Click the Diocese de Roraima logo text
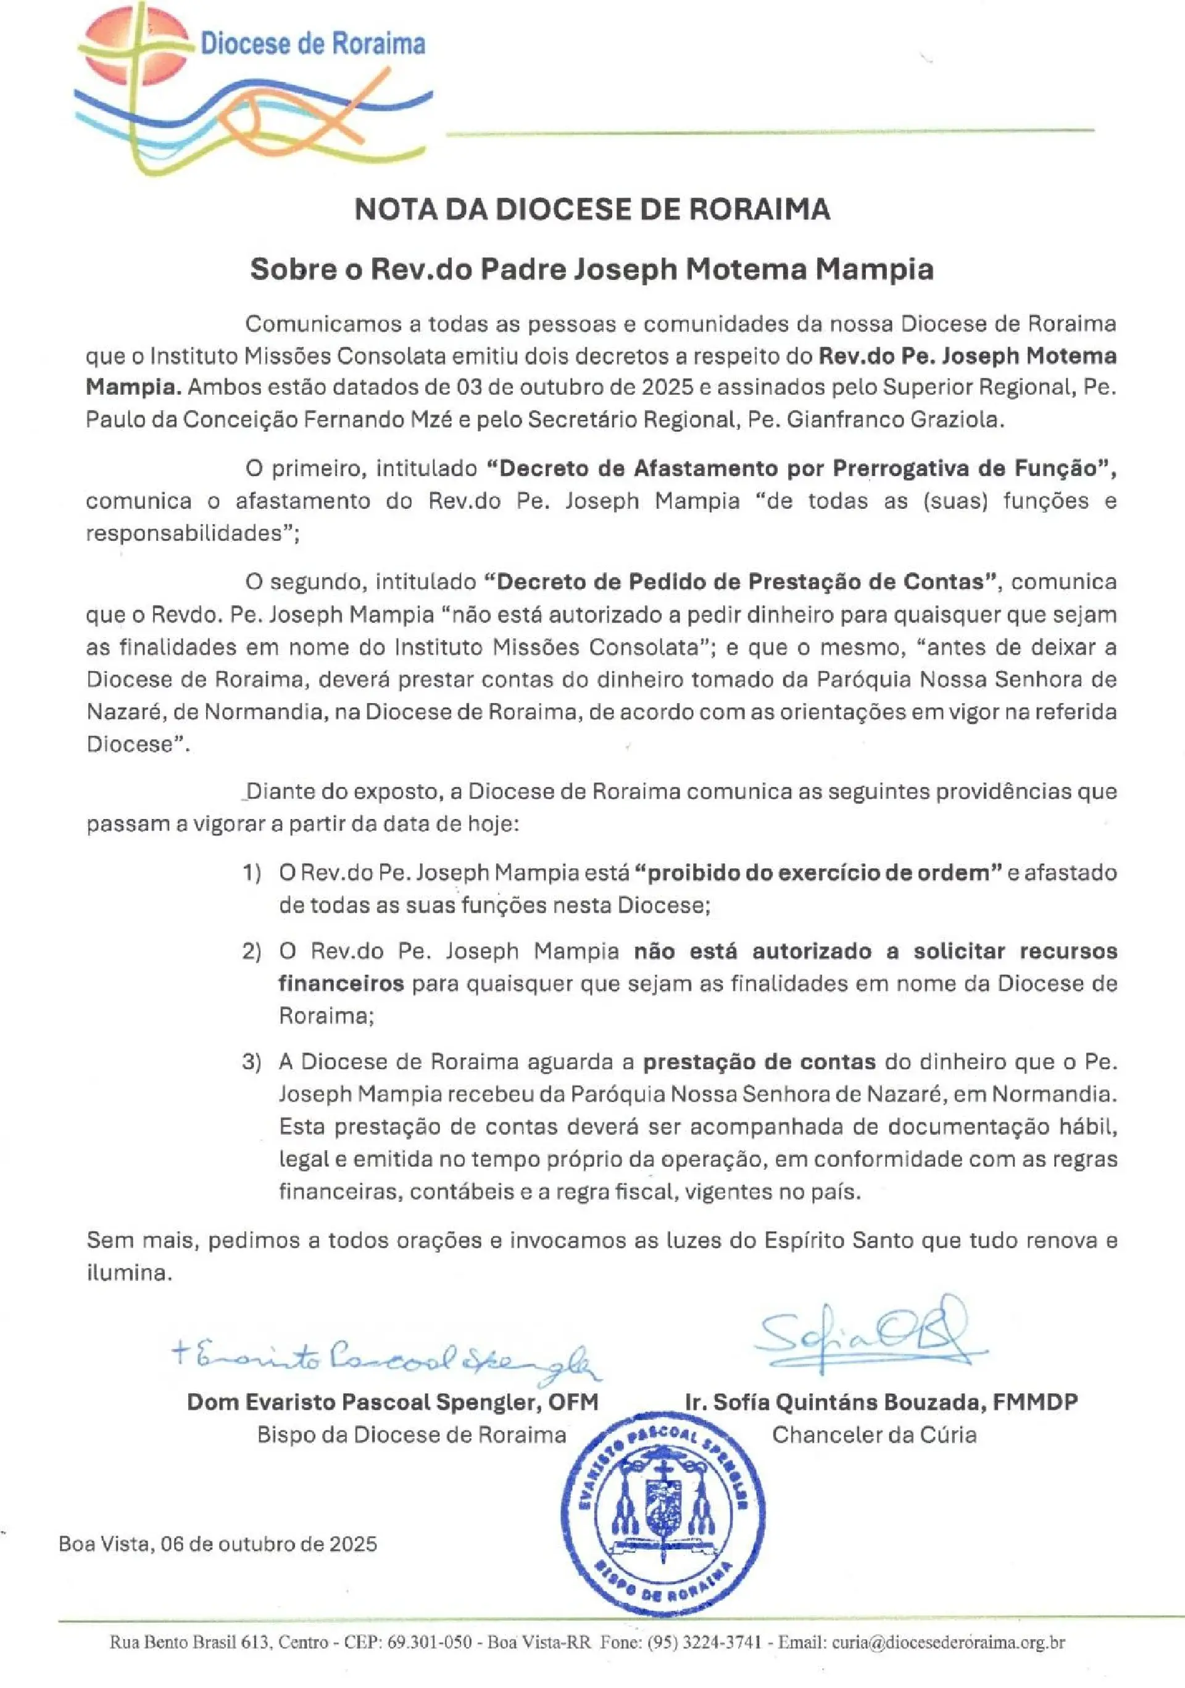click(x=313, y=44)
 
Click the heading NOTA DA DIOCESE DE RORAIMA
click(x=592, y=210)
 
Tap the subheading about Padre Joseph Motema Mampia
click(x=592, y=269)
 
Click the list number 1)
click(x=252, y=873)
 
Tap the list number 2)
click(x=252, y=952)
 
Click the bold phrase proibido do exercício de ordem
click(x=818, y=873)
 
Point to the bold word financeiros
click(x=341, y=984)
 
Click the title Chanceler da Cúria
click(x=874, y=1435)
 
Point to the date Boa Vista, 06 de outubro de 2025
click(x=218, y=1544)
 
